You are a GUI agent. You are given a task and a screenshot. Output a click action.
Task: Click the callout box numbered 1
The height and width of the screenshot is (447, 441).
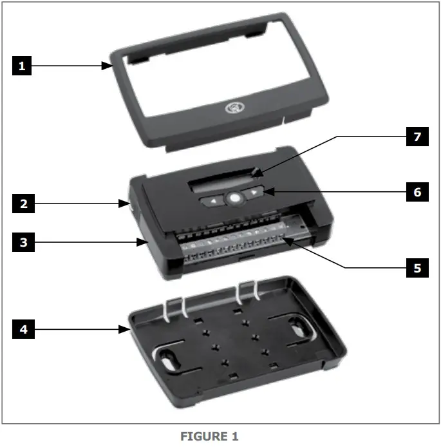coord(22,65)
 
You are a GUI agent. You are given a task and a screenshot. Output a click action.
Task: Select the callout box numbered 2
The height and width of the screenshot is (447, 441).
coord(22,204)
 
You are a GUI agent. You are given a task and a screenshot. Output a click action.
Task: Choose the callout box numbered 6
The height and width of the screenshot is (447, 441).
coord(417,191)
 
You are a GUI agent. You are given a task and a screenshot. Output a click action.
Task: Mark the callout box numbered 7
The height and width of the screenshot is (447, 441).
coord(417,136)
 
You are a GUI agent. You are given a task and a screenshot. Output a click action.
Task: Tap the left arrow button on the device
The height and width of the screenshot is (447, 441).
coord(212,201)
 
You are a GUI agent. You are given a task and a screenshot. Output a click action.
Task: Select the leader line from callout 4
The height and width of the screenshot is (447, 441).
coord(77,329)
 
